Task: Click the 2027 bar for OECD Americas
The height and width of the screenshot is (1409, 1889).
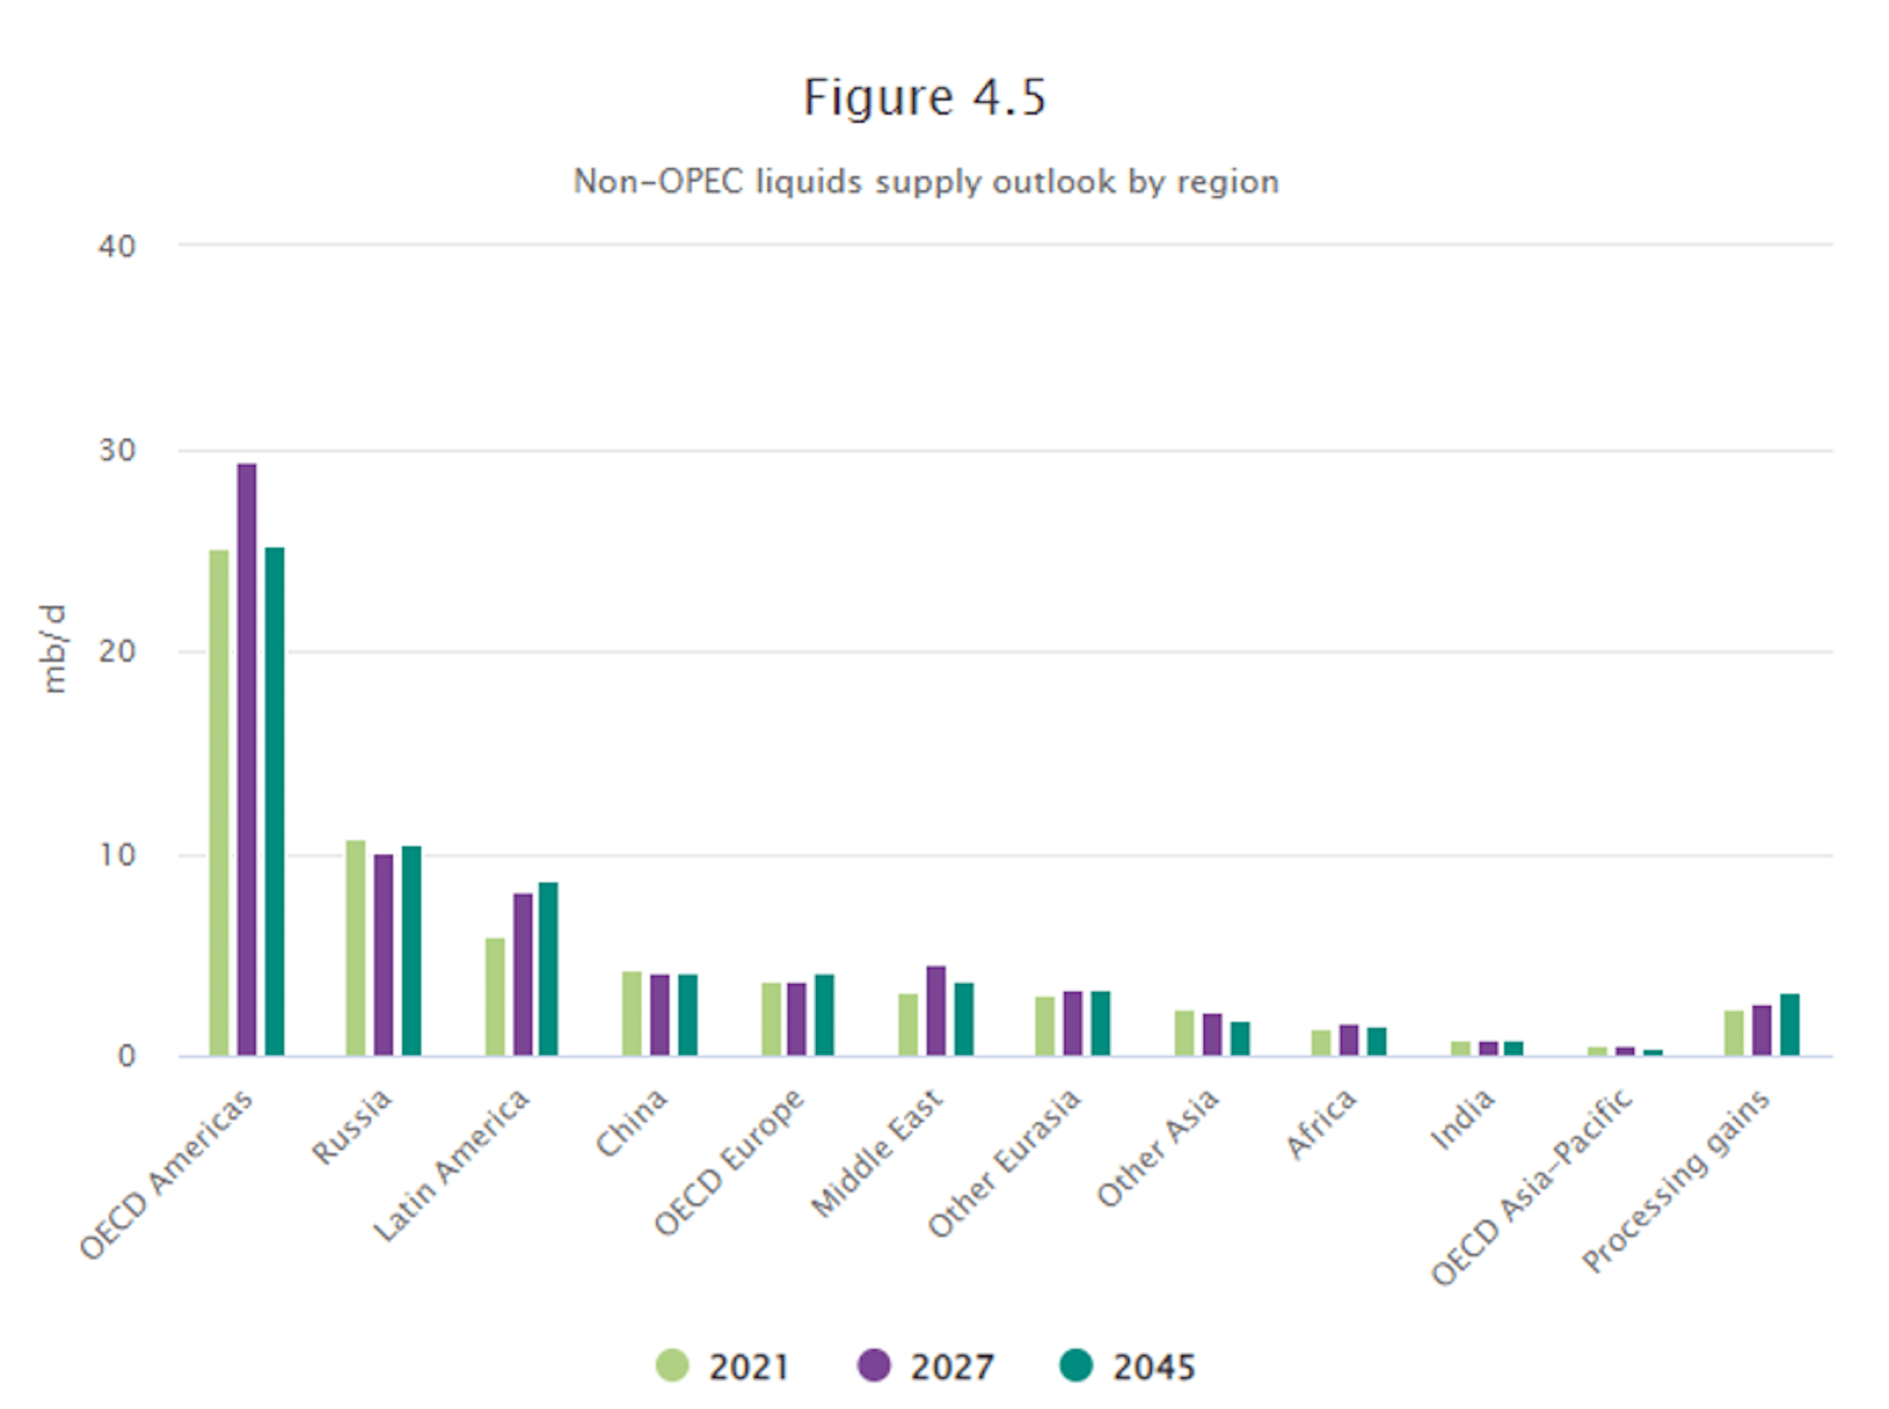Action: pyautogui.click(x=246, y=759)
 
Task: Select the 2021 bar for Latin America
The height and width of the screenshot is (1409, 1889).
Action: pyautogui.click(x=495, y=996)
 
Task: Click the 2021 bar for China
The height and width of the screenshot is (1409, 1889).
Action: pyautogui.click(x=632, y=1013)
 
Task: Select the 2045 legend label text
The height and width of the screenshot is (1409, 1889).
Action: pyautogui.click(x=1154, y=1367)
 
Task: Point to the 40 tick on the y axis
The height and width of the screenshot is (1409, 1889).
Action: pyautogui.click(x=118, y=246)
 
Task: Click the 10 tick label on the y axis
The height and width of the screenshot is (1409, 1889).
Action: pyautogui.click(x=118, y=855)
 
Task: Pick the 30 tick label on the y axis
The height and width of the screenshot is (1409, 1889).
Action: pyautogui.click(x=118, y=450)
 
